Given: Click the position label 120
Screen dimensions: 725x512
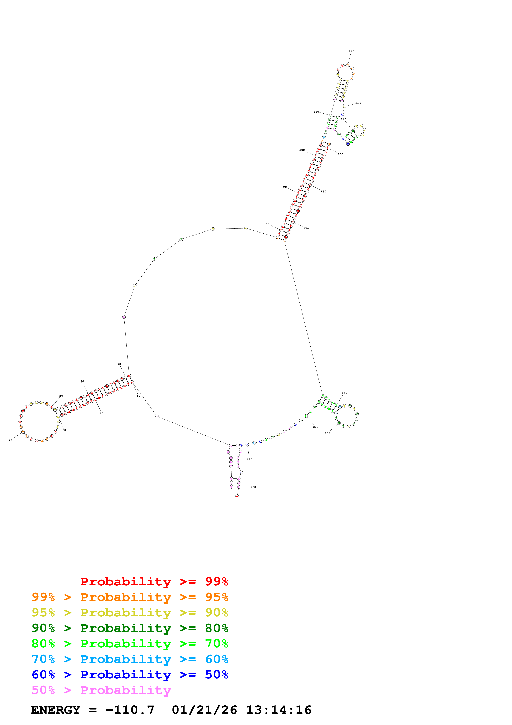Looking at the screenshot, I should tap(351, 51).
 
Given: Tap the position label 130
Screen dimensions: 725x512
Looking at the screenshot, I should tap(359, 103).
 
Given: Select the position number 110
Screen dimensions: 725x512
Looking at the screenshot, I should tap(316, 112).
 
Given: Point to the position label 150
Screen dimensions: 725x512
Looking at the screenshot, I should tap(340, 154).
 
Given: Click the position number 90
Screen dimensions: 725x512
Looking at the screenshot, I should tap(285, 187).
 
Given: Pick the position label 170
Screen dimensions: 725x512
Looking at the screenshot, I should tap(306, 229).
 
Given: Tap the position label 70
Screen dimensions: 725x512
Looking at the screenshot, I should tap(119, 364).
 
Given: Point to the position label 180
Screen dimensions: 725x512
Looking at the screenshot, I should tap(344, 393).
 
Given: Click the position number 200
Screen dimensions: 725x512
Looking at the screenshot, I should tap(315, 427).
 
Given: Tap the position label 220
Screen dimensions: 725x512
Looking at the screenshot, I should tap(253, 487).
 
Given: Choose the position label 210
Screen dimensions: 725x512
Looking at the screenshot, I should tap(249, 459).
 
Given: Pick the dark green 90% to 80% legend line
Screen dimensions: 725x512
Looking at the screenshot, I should tap(130, 628).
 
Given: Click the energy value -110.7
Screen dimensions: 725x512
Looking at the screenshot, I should tap(130, 710).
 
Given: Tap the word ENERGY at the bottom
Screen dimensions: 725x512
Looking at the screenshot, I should tap(56, 710).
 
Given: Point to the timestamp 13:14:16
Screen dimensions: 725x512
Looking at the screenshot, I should tap(279, 710).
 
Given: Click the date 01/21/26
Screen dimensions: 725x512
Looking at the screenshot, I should tap(204, 710).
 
